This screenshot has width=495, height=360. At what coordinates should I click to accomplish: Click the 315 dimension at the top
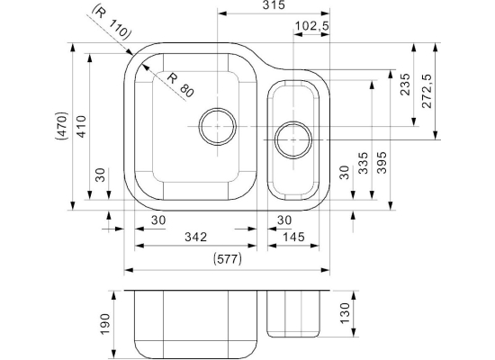click(274, 5)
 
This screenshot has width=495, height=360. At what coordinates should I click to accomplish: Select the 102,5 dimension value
click(311, 26)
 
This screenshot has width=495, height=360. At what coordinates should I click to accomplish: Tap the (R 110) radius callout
click(111, 23)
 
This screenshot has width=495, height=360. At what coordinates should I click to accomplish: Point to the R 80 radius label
click(179, 85)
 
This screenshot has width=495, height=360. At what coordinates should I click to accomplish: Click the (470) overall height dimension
click(61, 126)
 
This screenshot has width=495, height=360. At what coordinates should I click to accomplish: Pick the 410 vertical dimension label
click(81, 127)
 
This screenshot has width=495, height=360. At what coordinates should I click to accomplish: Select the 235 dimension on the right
click(405, 85)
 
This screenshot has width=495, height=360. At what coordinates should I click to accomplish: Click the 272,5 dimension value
click(427, 91)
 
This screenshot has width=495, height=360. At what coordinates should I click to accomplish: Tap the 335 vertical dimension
click(364, 163)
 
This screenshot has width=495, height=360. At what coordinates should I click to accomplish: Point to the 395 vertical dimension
click(382, 163)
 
